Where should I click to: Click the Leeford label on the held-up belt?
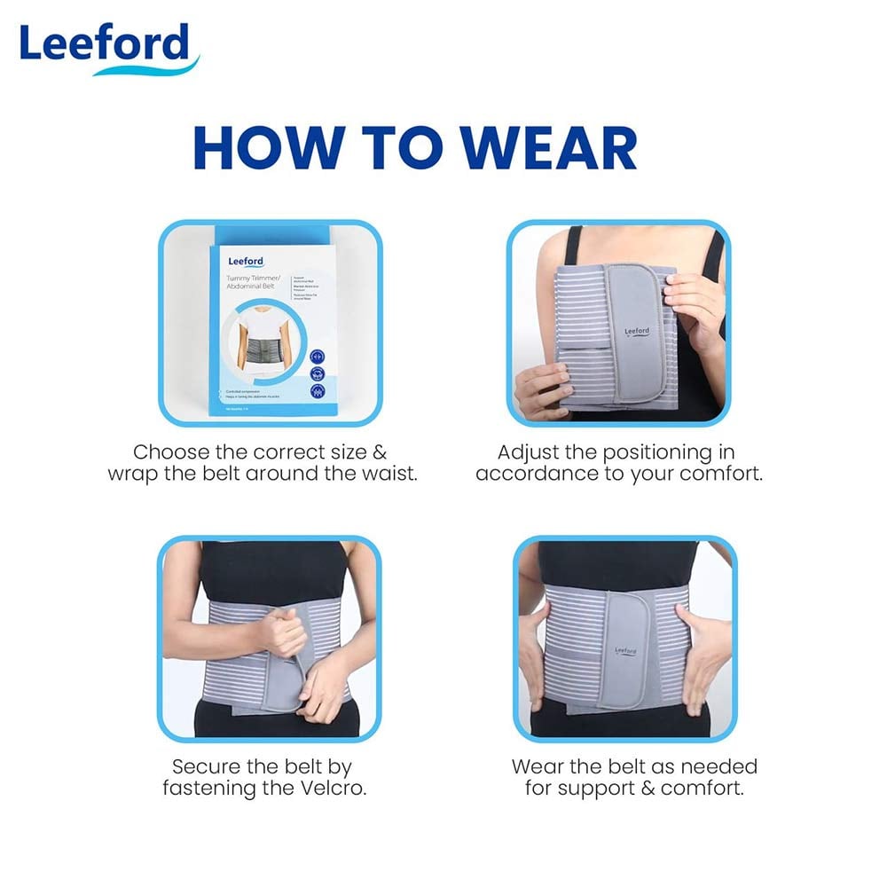pos(637,331)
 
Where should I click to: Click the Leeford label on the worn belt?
pos(626,650)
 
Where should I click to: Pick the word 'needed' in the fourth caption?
pos(719,765)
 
